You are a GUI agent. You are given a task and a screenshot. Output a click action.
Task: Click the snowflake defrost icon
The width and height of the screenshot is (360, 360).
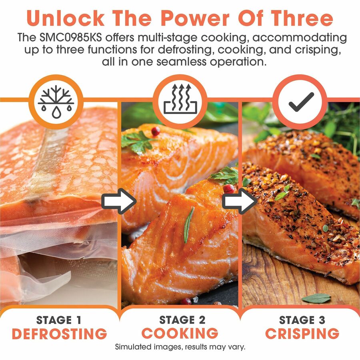[x=56, y=102]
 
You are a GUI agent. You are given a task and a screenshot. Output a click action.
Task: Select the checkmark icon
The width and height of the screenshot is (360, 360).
[x=302, y=102]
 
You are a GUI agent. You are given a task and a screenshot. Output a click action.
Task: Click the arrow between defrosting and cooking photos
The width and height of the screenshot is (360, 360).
[x=119, y=201]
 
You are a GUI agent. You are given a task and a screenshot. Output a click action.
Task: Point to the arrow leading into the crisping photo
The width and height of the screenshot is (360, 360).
[x=240, y=201]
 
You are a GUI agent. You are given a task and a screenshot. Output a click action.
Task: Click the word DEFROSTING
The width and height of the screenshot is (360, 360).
[x=60, y=334]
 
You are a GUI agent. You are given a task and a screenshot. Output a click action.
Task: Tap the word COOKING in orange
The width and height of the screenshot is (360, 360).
[x=180, y=333]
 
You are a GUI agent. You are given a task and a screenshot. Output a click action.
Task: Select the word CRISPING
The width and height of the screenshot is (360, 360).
[x=302, y=333]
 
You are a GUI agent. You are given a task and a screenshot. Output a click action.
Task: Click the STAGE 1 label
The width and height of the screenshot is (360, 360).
[x=59, y=320]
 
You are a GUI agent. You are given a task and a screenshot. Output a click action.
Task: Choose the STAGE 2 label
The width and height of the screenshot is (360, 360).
[x=182, y=320]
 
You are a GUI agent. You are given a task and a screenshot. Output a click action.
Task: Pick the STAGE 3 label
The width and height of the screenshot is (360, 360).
[x=302, y=320]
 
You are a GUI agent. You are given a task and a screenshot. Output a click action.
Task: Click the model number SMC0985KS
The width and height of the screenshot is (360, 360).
[x=70, y=38]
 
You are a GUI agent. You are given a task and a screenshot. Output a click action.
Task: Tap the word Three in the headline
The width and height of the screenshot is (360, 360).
[x=302, y=18]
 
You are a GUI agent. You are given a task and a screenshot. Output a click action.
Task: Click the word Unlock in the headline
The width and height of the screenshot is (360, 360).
[x=66, y=18]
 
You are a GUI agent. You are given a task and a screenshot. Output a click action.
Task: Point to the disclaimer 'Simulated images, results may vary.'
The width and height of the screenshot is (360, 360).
[x=180, y=347]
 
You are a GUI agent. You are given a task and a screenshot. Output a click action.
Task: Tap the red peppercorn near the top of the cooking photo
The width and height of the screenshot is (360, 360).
[x=156, y=131]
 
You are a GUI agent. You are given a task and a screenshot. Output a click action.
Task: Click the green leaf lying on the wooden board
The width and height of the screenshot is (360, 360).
[x=316, y=298]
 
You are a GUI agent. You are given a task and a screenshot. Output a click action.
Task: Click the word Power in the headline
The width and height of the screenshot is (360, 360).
[x=195, y=18]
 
